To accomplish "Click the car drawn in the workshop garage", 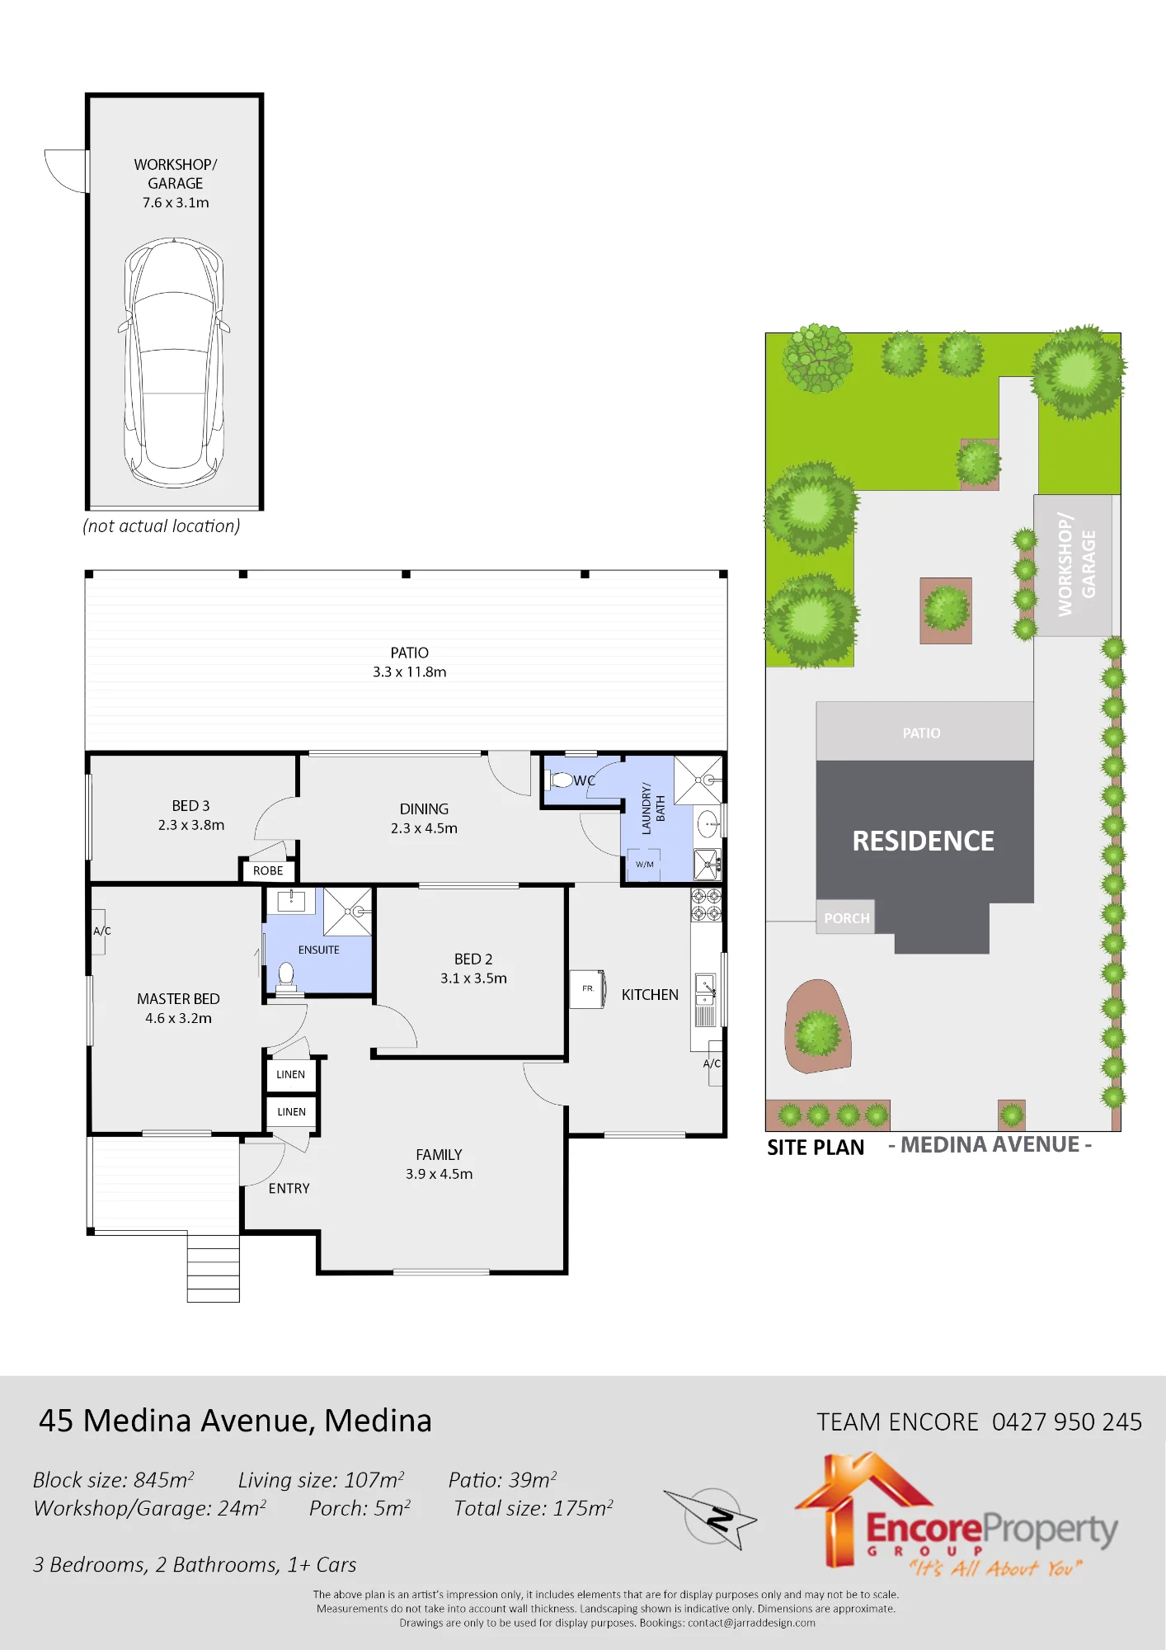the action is coord(174,363).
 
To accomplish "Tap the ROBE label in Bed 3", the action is coord(268,870).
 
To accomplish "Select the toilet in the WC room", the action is coord(560,779).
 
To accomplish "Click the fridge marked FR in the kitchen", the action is coord(588,989).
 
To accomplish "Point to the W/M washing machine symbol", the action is coord(644,864).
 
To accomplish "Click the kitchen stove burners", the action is coord(707,904).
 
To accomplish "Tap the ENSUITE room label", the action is coord(319,950).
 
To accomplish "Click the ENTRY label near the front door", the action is coord(289,1188).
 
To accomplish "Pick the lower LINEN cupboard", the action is coord(291,1112).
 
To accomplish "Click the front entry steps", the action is coord(213,1268).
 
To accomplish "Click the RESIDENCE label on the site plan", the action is coord(923,841).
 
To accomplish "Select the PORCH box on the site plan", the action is coord(846,917).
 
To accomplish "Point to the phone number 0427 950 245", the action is coord(1067,1421).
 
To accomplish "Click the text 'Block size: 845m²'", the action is coord(114,1480).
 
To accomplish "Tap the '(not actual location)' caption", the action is coord(162,526).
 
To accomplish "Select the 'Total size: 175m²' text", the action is coord(534,1508).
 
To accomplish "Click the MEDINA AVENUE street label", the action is coord(990,1144).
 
